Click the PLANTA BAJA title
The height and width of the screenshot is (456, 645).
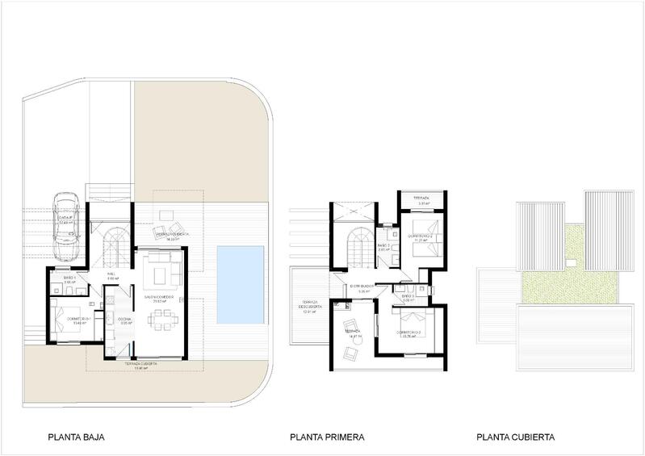coord(77,438)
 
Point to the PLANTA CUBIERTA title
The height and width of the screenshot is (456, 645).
coord(515,438)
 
